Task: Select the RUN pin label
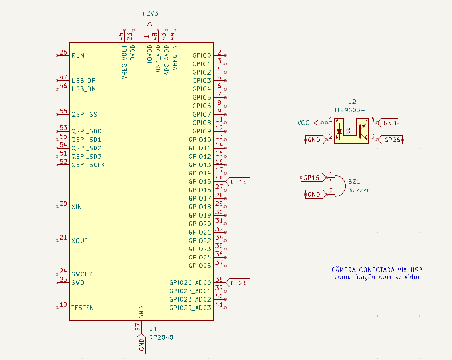click(x=78, y=55)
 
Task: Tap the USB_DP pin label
click(x=84, y=80)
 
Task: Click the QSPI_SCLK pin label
click(x=88, y=165)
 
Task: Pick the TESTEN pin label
click(x=82, y=308)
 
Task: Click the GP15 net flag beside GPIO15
click(x=239, y=181)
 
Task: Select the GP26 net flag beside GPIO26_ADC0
click(x=239, y=283)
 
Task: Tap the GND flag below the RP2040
click(x=141, y=345)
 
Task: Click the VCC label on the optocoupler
click(x=303, y=123)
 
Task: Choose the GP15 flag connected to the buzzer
click(x=311, y=178)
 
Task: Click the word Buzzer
click(x=359, y=190)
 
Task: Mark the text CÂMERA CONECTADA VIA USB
click(x=377, y=270)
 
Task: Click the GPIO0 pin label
click(x=202, y=55)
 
